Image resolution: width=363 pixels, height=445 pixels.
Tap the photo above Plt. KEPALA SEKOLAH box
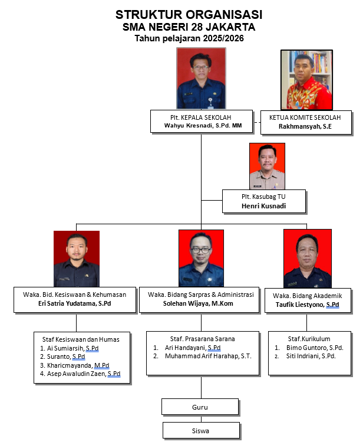pyautogui.click(x=201, y=79)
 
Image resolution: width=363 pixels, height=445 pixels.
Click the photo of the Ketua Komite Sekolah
pyautogui.click(x=305, y=79)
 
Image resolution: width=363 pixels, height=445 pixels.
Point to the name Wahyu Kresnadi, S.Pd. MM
pyautogui.click(x=201, y=126)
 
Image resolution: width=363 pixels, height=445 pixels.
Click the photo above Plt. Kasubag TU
pyautogui.click(x=267, y=165)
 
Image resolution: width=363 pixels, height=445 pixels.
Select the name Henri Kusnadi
pyautogui.click(x=264, y=207)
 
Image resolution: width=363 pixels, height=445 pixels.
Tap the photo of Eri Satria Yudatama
pyautogui.click(x=76, y=259)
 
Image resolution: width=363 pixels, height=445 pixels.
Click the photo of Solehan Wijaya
pyautogui.click(x=201, y=258)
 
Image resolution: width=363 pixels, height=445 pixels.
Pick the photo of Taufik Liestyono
pyautogui.click(x=307, y=258)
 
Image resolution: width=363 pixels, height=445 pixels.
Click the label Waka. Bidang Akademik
pyautogui.click(x=308, y=296)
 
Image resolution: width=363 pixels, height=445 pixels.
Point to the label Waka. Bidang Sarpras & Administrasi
pyautogui.click(x=201, y=295)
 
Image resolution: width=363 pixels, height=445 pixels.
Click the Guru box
pyautogui.click(x=201, y=407)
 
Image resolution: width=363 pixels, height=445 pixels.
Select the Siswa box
pyautogui.click(x=201, y=430)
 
